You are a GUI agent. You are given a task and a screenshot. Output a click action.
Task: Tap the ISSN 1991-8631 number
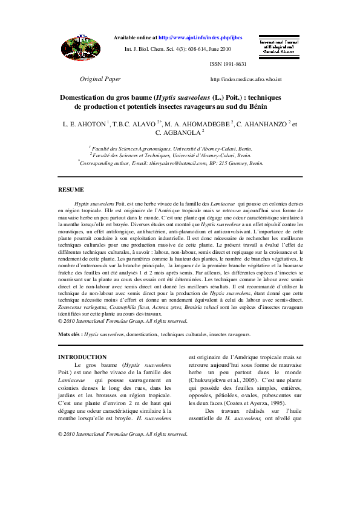click(228, 64)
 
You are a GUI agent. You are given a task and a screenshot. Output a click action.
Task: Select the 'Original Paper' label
click(100, 79)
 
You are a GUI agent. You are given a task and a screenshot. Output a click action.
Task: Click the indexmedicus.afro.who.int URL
click(246, 80)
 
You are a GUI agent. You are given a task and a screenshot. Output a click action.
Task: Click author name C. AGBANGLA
click(180, 132)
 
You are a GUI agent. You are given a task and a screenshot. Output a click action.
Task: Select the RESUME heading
click(71, 190)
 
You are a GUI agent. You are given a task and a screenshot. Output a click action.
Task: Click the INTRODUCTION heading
click(82, 357)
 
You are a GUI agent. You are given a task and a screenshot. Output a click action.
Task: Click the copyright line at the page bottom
click(122, 434)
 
